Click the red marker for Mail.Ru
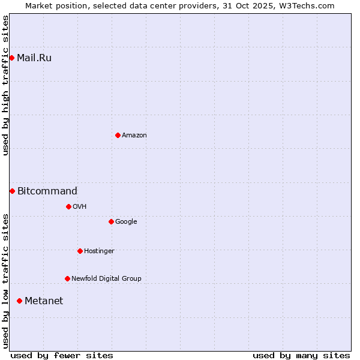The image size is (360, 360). (12, 58)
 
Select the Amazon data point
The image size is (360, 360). (118, 135)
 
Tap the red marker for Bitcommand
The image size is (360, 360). (12, 191)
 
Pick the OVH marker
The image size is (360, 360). (68, 206)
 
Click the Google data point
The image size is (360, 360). (111, 221)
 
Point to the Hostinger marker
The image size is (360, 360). (80, 251)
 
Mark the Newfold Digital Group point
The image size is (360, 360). (67, 278)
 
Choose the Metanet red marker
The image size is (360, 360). (20, 301)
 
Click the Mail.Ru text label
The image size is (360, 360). (34, 58)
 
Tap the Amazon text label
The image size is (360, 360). (134, 136)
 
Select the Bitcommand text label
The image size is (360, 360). (47, 191)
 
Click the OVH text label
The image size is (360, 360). (80, 207)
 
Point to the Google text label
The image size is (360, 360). (126, 222)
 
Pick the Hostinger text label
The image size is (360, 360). (99, 251)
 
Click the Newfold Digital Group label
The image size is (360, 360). (106, 279)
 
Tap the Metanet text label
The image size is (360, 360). (44, 301)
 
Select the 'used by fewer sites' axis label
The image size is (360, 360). (62, 355)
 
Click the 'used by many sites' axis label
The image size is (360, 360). (301, 355)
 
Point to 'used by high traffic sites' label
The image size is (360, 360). (6, 85)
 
